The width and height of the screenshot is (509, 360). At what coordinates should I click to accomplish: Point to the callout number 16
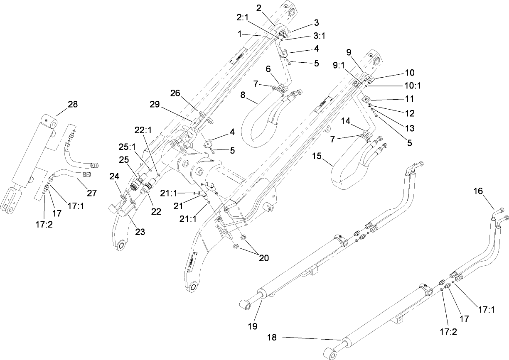478,191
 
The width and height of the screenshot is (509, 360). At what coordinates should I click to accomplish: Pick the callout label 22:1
143,130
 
